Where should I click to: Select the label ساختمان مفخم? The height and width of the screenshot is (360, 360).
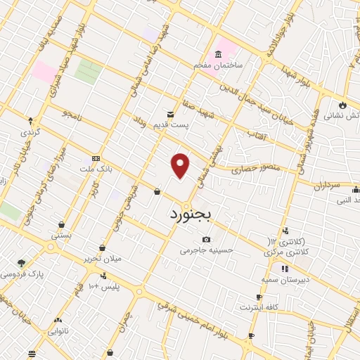point(219,65)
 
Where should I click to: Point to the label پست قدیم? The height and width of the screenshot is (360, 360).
point(171,125)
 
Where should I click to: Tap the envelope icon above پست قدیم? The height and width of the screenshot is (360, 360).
point(169,114)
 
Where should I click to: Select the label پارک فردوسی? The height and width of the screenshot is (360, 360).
point(22,274)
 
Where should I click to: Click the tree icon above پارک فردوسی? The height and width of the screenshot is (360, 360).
point(21,262)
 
